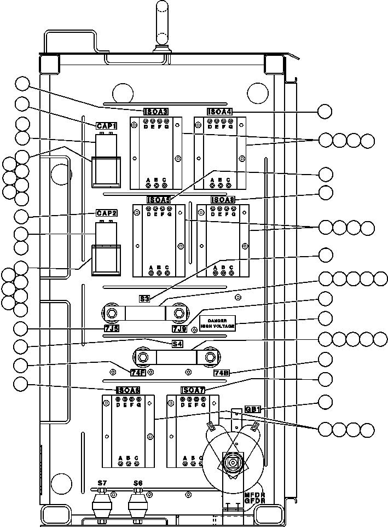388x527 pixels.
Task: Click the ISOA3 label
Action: point(155,112)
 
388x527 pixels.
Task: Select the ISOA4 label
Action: point(219,112)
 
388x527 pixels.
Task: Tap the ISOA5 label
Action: point(159,200)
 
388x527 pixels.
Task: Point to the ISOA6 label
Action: point(128,390)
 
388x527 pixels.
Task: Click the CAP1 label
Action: point(107,126)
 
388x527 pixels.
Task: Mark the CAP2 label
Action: point(107,213)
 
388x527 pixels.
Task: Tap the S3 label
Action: point(144,299)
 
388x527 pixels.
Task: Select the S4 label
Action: point(177,344)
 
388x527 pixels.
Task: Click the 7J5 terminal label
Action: point(112,328)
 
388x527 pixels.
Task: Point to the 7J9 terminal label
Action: point(179,328)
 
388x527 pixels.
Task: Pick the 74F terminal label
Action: point(138,373)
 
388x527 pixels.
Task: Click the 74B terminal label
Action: point(221,373)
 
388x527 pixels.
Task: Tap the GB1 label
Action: point(252,409)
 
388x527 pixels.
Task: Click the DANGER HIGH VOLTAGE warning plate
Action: point(217,323)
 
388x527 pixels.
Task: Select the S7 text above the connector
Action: point(102,483)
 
